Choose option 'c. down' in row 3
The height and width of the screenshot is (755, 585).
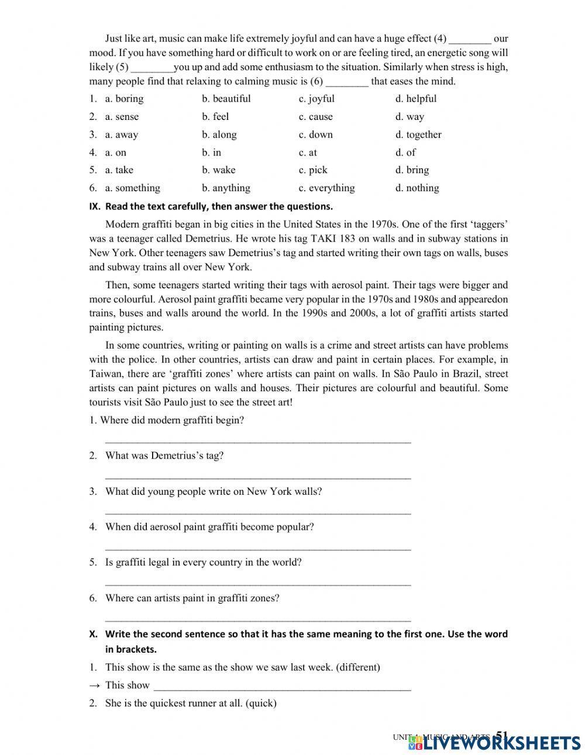pyautogui.click(x=315, y=135)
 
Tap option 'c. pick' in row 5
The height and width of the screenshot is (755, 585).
pyautogui.click(x=313, y=170)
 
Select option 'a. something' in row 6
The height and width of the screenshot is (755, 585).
pyautogui.click(x=132, y=188)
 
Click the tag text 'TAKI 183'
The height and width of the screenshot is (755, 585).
pyautogui.click(x=331, y=239)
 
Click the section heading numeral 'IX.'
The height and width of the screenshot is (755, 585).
pyautogui.click(x=94, y=206)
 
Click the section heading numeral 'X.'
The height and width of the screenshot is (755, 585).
pyautogui.click(x=93, y=634)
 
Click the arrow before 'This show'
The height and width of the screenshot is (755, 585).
pyautogui.click(x=94, y=685)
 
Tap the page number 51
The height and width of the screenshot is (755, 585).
pyautogui.click(x=501, y=735)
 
